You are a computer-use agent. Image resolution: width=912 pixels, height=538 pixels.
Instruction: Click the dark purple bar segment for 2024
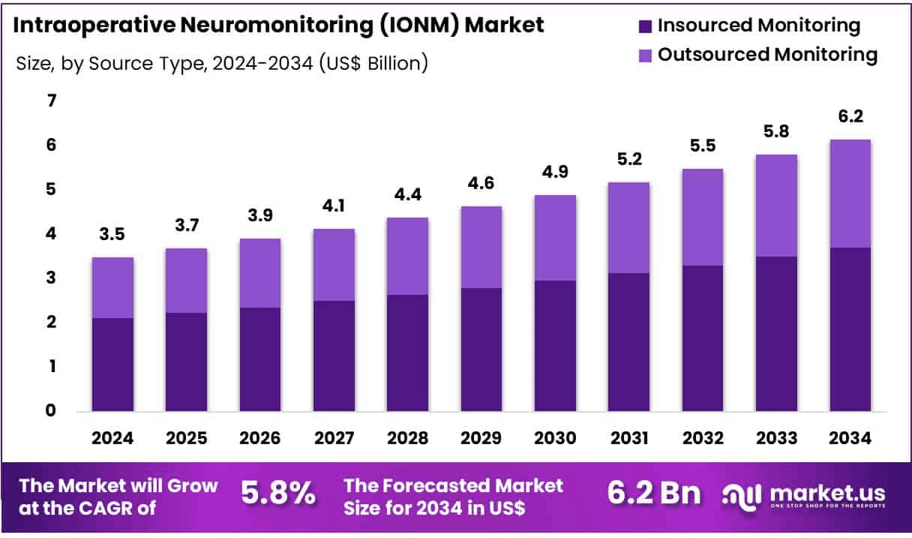[x=112, y=365]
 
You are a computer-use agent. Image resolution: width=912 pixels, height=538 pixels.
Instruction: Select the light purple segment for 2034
[x=850, y=194]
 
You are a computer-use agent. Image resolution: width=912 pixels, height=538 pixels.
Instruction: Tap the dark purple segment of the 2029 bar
[x=481, y=350]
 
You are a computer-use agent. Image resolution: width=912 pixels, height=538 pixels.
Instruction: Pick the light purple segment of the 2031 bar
[x=628, y=227]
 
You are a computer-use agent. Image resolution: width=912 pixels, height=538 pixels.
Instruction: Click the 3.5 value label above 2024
[x=112, y=235]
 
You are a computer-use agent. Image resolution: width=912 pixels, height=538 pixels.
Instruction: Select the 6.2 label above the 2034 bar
[x=850, y=117]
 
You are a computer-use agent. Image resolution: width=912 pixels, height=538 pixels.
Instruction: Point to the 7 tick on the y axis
[x=52, y=101]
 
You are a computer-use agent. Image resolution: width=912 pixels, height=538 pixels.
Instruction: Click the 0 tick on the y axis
[x=52, y=410]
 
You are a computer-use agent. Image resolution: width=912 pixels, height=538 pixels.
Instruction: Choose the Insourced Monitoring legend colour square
[x=645, y=26]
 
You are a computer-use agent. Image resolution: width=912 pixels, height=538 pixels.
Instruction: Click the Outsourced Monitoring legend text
[x=767, y=54]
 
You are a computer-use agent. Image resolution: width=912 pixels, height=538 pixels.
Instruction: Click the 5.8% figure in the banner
[x=277, y=494]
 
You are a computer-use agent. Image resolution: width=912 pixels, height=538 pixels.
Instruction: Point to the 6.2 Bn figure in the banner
[x=653, y=494]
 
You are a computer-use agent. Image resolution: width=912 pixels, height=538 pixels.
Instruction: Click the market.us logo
[x=803, y=495]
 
